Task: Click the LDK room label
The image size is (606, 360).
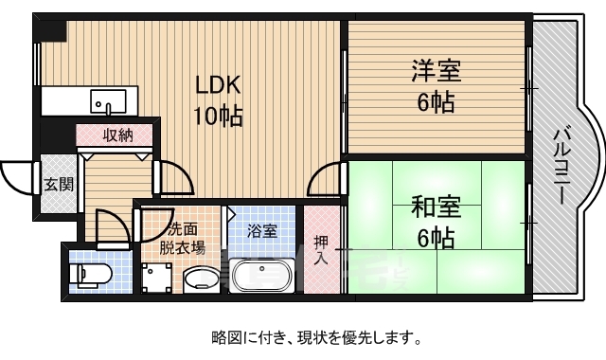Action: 219,85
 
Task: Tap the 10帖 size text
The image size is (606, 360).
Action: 219,116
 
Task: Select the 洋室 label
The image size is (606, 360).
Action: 433,71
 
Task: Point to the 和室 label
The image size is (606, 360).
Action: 433,205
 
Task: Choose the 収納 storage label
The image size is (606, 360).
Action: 117,135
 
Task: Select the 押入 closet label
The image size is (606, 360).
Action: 322,247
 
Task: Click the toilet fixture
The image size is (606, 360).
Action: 93,274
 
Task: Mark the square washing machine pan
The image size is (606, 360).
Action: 157,278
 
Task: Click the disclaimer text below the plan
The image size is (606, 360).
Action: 315,336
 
